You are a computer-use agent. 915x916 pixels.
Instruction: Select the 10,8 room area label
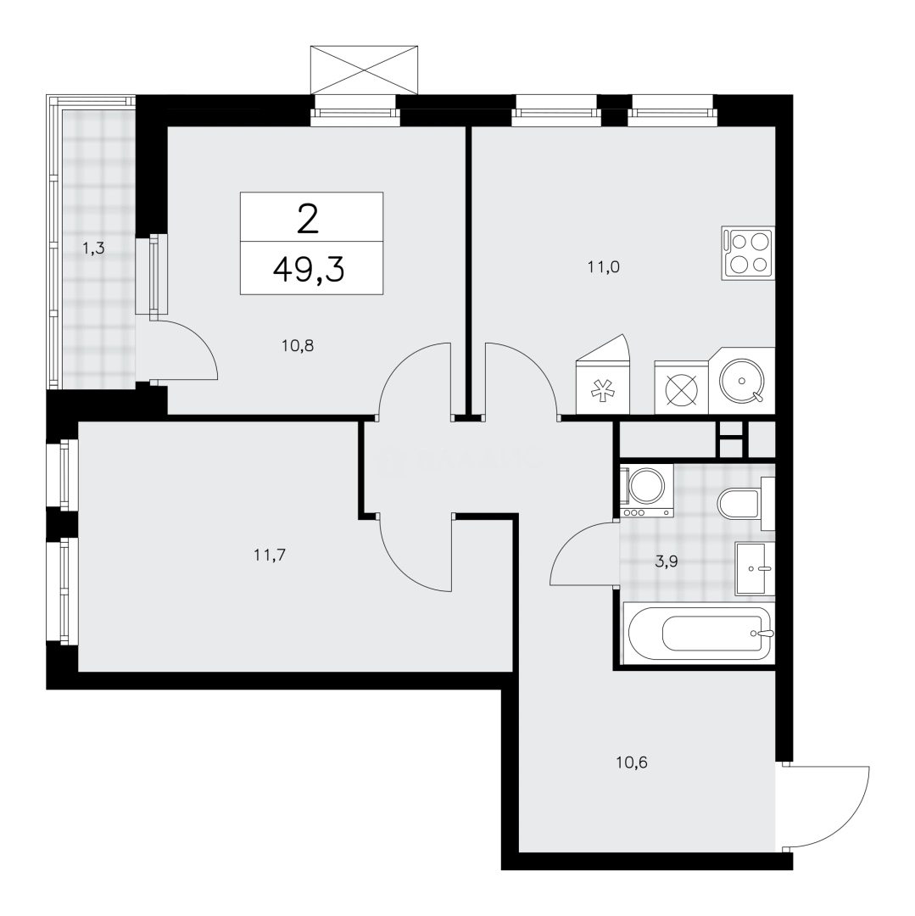(298, 345)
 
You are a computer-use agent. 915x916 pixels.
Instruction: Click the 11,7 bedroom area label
(267, 556)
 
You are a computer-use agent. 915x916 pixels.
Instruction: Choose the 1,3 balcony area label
(93, 249)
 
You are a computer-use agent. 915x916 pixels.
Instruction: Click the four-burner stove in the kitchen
(748, 252)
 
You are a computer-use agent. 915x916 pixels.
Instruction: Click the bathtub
(698, 634)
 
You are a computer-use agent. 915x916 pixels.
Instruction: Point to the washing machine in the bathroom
(647, 490)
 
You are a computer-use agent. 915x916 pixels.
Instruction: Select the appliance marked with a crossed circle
(680, 388)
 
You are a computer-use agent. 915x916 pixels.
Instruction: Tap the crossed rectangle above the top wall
(365, 70)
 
